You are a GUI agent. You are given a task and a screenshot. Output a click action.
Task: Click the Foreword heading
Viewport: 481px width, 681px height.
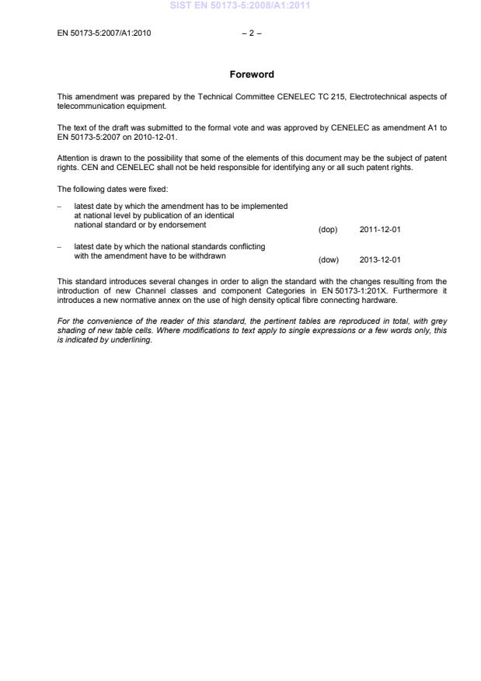pyautogui.click(x=252, y=75)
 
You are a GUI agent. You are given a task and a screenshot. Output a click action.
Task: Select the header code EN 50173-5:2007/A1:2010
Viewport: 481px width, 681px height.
pyautogui.click(x=104, y=33)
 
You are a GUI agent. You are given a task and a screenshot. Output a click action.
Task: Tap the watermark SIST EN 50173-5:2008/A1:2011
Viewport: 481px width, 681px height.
pyautogui.click(x=240, y=6)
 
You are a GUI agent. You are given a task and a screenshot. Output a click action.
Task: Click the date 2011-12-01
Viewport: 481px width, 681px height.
pyautogui.click(x=380, y=230)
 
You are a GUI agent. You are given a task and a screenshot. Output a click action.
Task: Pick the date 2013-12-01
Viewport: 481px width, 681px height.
pyautogui.click(x=380, y=260)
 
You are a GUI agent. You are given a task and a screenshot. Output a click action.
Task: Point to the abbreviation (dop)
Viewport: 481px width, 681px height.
pyautogui.click(x=328, y=230)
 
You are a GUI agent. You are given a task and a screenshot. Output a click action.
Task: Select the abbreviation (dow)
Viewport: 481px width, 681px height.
pyautogui.click(x=329, y=260)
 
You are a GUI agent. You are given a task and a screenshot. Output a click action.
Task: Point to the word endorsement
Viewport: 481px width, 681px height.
pyautogui.click(x=184, y=225)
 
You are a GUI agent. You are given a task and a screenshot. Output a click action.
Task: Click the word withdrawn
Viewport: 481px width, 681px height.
pyautogui.click(x=205, y=255)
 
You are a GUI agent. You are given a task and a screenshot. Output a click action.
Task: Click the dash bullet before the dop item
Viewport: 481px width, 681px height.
pyautogui.click(x=61, y=206)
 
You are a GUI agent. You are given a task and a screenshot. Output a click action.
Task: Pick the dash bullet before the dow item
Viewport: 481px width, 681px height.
pyautogui.click(x=61, y=246)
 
